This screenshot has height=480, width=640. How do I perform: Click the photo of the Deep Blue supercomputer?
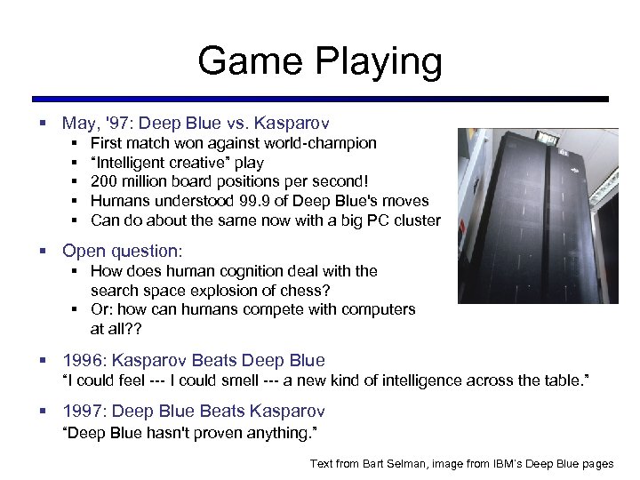coord(538,216)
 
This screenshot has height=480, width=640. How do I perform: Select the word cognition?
coord(261,271)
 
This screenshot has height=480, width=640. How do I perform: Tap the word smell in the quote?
coord(270,380)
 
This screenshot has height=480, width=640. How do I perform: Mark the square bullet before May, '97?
coord(42,124)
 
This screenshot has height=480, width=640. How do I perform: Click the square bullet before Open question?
coord(42,252)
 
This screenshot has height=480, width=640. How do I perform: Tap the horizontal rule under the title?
coord(320,99)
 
